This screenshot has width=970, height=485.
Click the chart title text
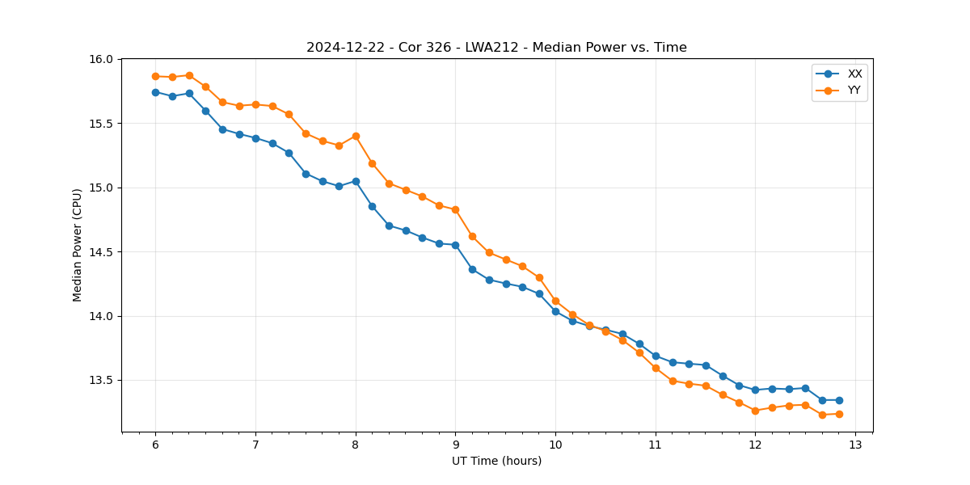coord(496,48)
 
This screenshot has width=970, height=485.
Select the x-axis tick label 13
coord(855,445)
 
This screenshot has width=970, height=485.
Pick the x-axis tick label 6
coord(155,445)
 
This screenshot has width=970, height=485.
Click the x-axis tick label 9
coord(455,445)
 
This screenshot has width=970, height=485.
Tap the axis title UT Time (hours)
coord(496,461)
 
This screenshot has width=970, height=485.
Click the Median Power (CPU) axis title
coord(78,245)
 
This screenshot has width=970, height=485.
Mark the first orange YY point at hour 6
coord(155,76)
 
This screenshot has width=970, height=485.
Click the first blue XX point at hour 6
coord(155,92)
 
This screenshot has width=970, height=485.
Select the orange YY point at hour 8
coord(356,136)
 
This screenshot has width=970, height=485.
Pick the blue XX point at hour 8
coord(356,181)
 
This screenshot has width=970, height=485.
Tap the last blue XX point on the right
coord(839,400)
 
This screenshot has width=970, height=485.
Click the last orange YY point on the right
coord(839,414)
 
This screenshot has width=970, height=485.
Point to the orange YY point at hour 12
coord(755,411)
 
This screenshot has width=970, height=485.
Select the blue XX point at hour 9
coord(455,245)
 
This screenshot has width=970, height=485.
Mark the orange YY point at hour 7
coord(255,104)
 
